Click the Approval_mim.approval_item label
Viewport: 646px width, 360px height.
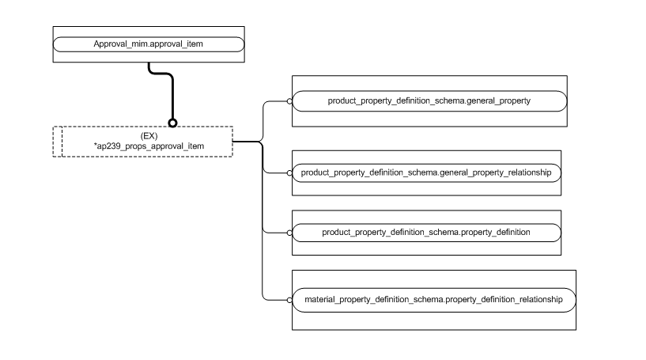(149, 44)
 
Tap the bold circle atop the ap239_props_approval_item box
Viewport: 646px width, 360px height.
(172, 123)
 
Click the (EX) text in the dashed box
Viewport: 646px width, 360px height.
(149, 136)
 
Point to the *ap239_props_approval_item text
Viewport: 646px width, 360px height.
(149, 146)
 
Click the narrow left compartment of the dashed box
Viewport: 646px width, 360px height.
(57, 142)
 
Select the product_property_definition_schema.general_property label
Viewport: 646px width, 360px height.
(429, 100)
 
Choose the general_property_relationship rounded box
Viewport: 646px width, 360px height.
(426, 172)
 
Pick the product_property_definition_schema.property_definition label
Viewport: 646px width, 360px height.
(426, 233)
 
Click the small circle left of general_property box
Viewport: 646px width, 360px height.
(289, 101)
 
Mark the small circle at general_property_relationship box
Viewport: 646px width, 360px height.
(289, 172)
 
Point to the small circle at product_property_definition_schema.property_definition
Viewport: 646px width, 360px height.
(289, 233)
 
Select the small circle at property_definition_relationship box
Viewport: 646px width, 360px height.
(289, 300)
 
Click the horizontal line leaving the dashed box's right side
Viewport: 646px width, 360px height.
(247, 142)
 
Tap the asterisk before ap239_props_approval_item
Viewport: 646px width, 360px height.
(95, 146)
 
